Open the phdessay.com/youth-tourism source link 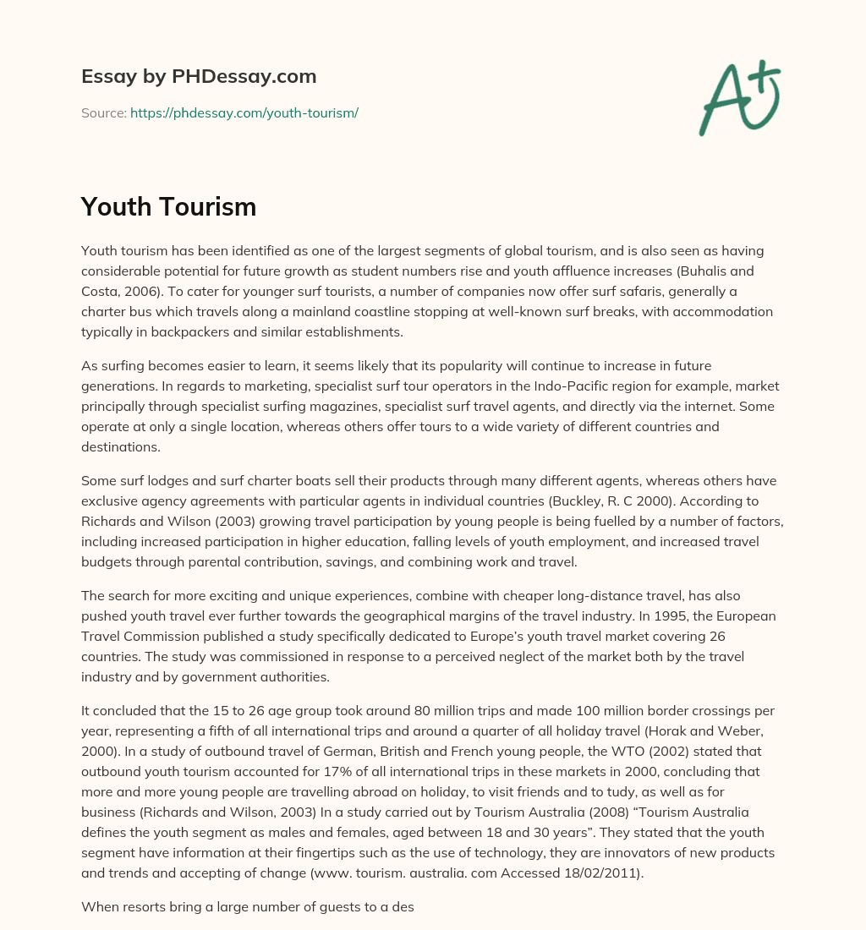pyautogui.click(x=244, y=112)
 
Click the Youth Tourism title pyautogui.click(x=168, y=205)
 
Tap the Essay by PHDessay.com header pyautogui.click(x=199, y=76)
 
